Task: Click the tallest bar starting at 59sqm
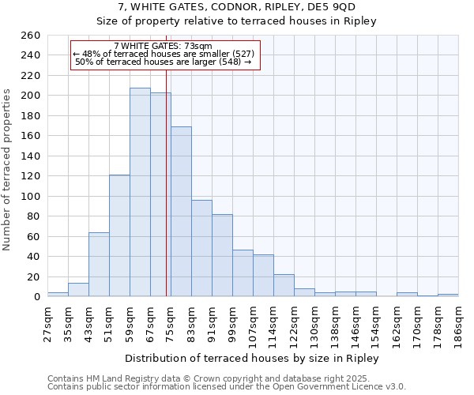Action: (140, 192)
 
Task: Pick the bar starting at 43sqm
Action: (99, 264)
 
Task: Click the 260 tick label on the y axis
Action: (31, 36)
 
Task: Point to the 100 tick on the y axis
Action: (31, 196)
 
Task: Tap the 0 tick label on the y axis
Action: (36, 297)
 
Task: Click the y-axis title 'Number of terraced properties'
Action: (7, 170)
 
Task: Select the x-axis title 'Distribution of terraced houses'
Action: (252, 358)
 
